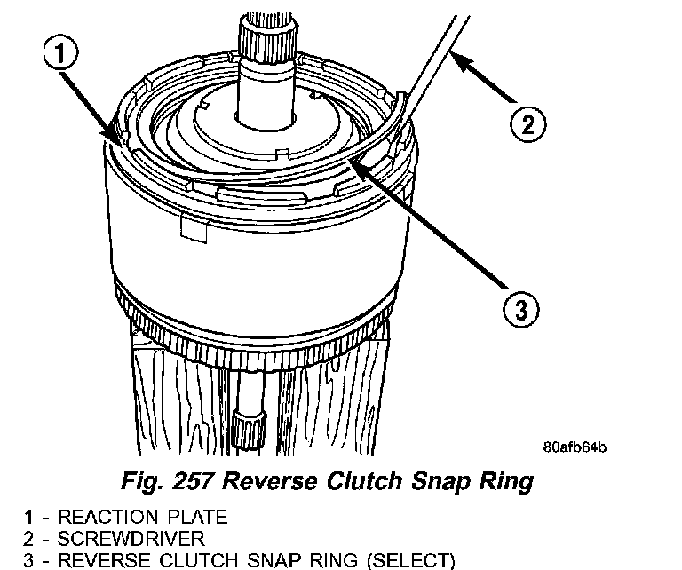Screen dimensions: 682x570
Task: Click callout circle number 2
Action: [x=527, y=123]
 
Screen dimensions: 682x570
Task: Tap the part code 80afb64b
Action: [x=579, y=447]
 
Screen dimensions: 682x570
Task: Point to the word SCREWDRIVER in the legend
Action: [x=131, y=537]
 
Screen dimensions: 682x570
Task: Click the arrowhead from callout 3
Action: [x=354, y=160]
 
